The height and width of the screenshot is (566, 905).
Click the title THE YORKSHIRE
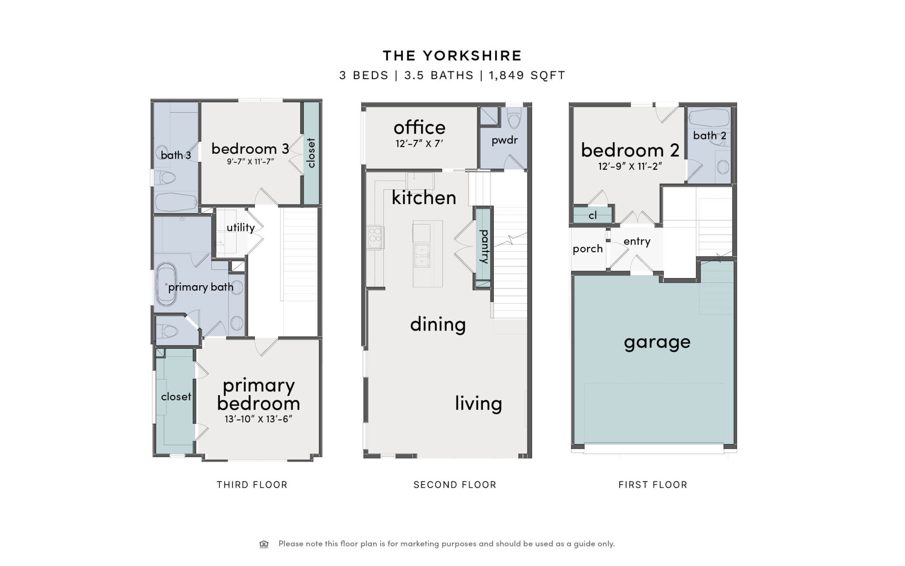point(452,56)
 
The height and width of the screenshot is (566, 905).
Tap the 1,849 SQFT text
point(527,75)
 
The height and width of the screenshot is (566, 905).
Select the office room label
point(419,128)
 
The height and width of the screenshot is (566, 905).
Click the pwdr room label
point(505,140)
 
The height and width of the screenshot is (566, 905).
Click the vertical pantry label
point(484,246)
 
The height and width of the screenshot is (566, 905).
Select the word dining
point(438,325)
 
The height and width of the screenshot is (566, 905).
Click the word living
point(478,403)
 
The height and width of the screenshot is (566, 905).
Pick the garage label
point(657,342)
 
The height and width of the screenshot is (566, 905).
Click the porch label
point(588,249)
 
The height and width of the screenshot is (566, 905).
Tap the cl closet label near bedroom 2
point(593,216)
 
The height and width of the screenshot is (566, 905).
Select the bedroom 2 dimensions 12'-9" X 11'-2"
point(630,166)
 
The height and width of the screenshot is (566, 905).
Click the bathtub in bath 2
point(709,119)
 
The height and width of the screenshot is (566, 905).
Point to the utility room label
point(241,227)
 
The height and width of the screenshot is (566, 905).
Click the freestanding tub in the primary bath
point(166,284)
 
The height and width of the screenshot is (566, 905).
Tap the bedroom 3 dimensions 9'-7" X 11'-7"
point(250,162)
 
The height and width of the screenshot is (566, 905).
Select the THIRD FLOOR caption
point(252,484)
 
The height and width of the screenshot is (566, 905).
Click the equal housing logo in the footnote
point(264,544)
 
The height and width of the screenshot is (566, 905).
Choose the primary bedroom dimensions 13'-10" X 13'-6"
point(258,419)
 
